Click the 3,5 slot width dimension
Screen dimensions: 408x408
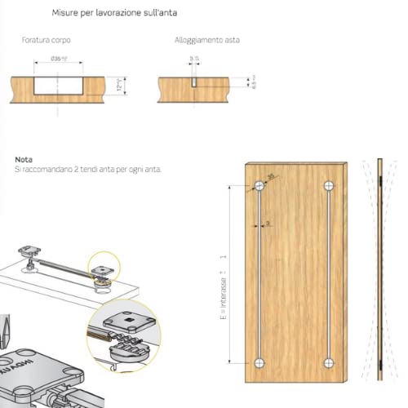193,59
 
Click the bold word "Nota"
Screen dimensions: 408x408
23,159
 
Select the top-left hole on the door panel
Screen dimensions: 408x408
259,187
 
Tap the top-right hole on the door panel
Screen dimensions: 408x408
329,187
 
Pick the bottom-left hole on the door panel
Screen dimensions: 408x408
259,361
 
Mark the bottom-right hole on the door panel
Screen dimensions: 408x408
329,361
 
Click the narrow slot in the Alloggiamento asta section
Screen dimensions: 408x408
193,85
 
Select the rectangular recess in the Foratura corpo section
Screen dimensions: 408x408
60,85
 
